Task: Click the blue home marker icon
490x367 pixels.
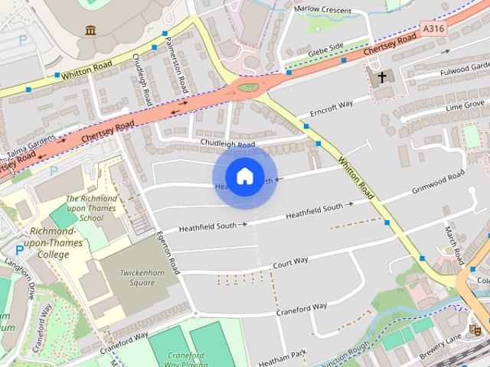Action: (244, 177)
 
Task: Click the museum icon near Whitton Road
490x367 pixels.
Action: (91, 31)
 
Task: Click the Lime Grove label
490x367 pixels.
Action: (465, 104)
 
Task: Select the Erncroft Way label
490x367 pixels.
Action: (331, 109)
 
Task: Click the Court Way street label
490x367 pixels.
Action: (291, 261)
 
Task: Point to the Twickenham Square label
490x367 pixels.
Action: (138, 276)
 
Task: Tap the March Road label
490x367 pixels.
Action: (452, 241)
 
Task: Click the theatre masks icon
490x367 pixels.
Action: (475, 330)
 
